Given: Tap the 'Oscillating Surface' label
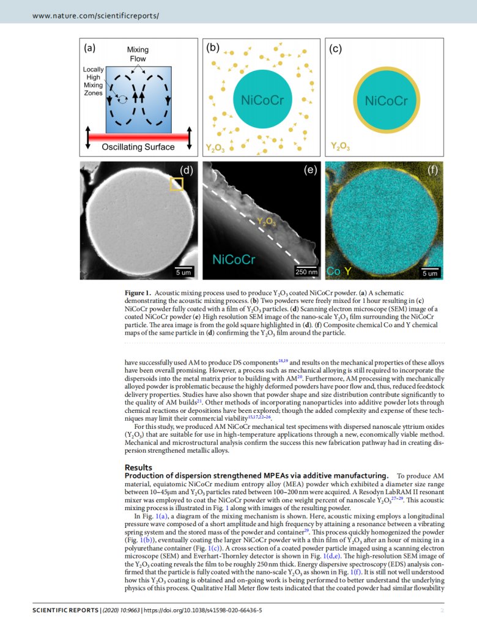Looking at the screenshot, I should click(x=138, y=147).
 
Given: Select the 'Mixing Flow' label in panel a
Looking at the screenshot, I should click(x=138, y=54).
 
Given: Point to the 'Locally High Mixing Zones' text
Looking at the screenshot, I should click(x=94, y=81).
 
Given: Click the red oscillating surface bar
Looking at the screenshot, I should click(x=138, y=136).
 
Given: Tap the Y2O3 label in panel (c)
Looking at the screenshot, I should click(x=341, y=147).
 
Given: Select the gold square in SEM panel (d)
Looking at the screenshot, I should click(x=176, y=184).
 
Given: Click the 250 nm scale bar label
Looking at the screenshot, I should click(x=306, y=272).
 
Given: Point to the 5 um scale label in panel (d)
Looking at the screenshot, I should click(x=183, y=272).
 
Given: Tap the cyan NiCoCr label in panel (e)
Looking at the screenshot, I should click(x=233, y=260).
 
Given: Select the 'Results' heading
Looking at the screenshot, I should click(x=138, y=467).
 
